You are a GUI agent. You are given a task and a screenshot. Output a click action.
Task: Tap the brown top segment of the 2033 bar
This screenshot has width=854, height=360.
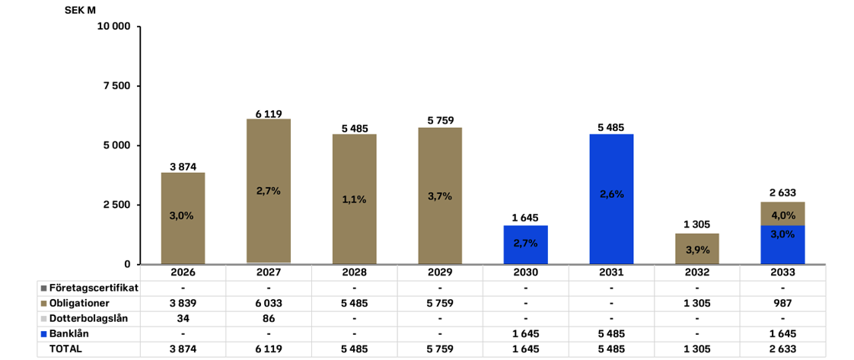[782, 213]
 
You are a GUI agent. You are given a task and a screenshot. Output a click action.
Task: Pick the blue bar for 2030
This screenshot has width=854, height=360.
[526, 244]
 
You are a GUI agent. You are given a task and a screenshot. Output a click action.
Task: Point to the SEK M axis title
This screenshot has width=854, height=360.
[80, 10]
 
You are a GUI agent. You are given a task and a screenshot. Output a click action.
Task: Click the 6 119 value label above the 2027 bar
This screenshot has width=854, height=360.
[269, 114]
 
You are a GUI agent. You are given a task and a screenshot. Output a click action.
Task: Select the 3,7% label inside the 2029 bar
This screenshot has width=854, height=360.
[440, 196]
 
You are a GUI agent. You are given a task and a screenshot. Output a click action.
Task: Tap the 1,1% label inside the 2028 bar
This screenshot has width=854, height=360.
[355, 199]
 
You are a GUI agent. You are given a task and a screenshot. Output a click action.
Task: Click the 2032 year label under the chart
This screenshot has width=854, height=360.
[697, 272]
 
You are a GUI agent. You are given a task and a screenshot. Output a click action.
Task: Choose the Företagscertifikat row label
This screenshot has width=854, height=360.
[93, 288]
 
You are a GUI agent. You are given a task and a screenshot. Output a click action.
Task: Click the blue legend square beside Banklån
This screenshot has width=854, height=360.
[43, 333]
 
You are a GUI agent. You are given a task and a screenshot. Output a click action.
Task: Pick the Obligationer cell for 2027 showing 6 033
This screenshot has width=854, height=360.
[269, 304]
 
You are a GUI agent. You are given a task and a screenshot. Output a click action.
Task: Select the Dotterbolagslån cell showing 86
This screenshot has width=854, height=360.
[269, 318]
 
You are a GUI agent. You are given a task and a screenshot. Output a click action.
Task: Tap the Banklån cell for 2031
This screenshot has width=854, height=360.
[611, 333]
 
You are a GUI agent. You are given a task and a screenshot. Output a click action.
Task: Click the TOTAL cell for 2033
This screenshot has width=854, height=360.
[782, 349]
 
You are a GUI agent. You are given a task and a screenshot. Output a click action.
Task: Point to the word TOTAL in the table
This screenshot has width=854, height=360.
[65, 349]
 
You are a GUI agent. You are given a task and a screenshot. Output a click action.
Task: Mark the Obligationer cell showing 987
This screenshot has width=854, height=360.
[782, 304]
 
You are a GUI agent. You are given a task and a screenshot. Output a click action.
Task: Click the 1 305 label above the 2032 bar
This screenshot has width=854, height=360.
[697, 224]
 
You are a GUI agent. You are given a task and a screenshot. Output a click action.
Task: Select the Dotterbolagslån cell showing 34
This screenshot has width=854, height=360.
[183, 318]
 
